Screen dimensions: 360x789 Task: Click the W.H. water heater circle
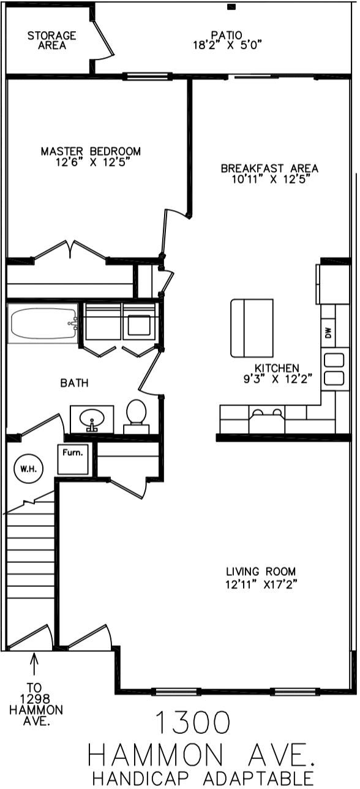(x=28, y=469)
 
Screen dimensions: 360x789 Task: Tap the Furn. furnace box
(x=73, y=459)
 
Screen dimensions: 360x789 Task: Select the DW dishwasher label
(x=328, y=333)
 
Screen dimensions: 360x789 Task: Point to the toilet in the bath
(x=136, y=417)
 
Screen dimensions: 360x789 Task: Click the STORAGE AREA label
(x=51, y=40)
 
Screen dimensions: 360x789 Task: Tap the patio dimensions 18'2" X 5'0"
(x=228, y=45)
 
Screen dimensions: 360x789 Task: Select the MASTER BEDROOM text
(x=91, y=151)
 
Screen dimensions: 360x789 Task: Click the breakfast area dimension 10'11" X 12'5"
(x=270, y=179)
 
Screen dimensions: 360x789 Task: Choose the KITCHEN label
(x=277, y=368)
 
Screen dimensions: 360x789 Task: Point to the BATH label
(x=74, y=383)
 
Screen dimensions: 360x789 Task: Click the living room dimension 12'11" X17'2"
(x=261, y=584)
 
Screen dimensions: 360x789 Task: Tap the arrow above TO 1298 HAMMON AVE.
(x=34, y=663)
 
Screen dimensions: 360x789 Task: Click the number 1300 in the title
(x=193, y=722)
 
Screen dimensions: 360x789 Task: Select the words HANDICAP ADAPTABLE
(x=203, y=778)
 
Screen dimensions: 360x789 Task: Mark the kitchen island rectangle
(x=252, y=328)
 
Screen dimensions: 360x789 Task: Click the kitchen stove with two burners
(x=267, y=419)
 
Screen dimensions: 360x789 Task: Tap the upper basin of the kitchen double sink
(x=334, y=361)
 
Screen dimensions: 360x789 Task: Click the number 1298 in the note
(x=35, y=699)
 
